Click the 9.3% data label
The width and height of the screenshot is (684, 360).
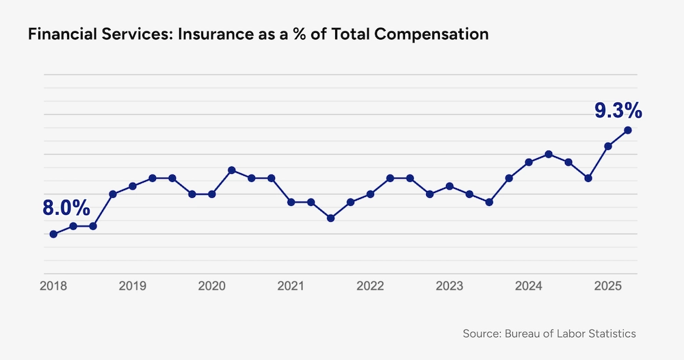[x=617, y=110]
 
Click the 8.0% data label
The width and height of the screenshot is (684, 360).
[x=66, y=208]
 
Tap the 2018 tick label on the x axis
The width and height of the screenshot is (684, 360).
[x=53, y=285]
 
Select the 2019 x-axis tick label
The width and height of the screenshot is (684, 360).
[x=133, y=285]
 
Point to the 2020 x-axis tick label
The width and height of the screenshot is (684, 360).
[x=212, y=285]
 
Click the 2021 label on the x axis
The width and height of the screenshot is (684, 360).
[x=291, y=285]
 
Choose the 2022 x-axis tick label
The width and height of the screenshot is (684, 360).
[x=370, y=285]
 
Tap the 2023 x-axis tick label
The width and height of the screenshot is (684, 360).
[x=449, y=285]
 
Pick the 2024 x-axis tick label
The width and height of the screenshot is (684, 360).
[x=529, y=285]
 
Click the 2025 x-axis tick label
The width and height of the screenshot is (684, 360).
[x=607, y=285]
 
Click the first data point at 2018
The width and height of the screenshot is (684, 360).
[x=53, y=234]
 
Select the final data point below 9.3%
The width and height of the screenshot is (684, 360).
[x=627, y=130]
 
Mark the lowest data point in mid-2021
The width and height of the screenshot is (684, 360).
[x=330, y=218]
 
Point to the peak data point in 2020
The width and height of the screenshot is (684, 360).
[x=232, y=170]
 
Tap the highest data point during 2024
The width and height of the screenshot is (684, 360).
[x=548, y=154]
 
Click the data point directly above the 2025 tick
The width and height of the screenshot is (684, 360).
[x=607, y=146]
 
